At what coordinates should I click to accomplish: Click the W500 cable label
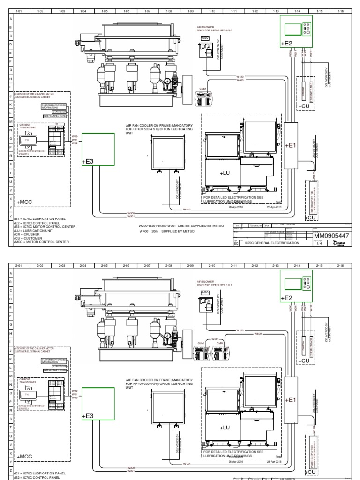[257, 333]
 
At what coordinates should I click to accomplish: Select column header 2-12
[255, 265]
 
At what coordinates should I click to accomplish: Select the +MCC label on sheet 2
[24, 456]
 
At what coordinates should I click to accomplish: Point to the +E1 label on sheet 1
[291, 145]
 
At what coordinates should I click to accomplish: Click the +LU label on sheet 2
[225, 427]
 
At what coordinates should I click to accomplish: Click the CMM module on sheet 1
[202, 97]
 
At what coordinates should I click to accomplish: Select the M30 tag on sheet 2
[205, 292]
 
